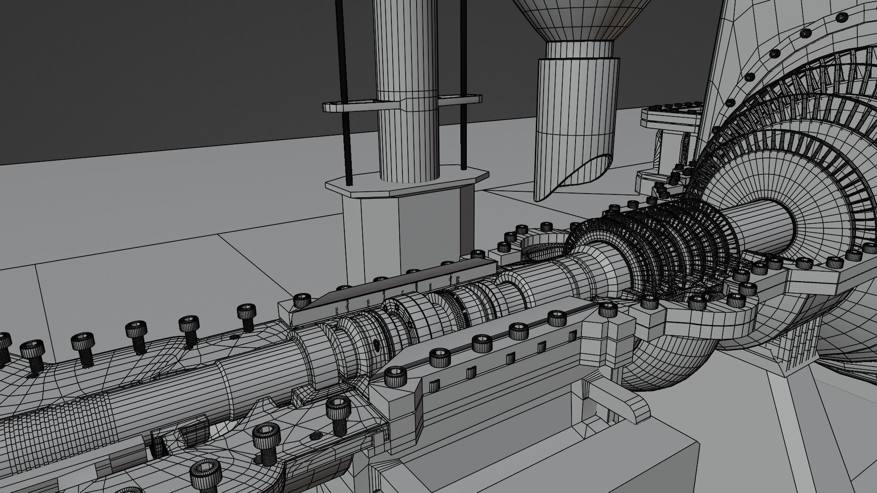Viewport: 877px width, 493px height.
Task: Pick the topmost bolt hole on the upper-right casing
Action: pyautogui.click(x=841, y=17)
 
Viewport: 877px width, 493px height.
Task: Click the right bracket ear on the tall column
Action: pyautogui.click(x=461, y=98)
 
